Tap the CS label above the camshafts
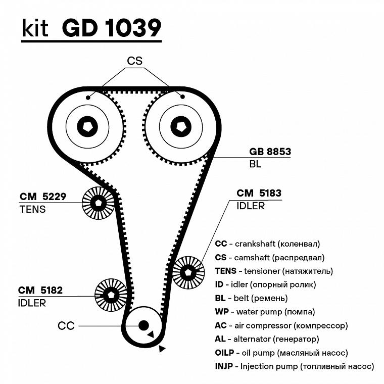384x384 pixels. [135, 61]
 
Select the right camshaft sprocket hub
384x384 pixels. [181, 126]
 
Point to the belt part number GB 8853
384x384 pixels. [270, 152]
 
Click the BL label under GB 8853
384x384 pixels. [255, 165]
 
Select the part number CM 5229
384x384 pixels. [43, 196]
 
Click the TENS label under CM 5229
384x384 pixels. [32, 209]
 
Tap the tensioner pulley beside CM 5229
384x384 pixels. [98, 203]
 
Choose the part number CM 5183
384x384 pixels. [259, 193]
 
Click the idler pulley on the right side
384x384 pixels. [188, 272]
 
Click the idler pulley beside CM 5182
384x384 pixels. [111, 295]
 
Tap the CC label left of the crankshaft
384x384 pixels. [66, 326]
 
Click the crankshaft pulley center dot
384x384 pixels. [143, 325]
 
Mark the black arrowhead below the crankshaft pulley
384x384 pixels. [162, 349]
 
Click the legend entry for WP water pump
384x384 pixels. [265, 312]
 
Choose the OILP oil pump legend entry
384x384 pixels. [281, 353]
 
